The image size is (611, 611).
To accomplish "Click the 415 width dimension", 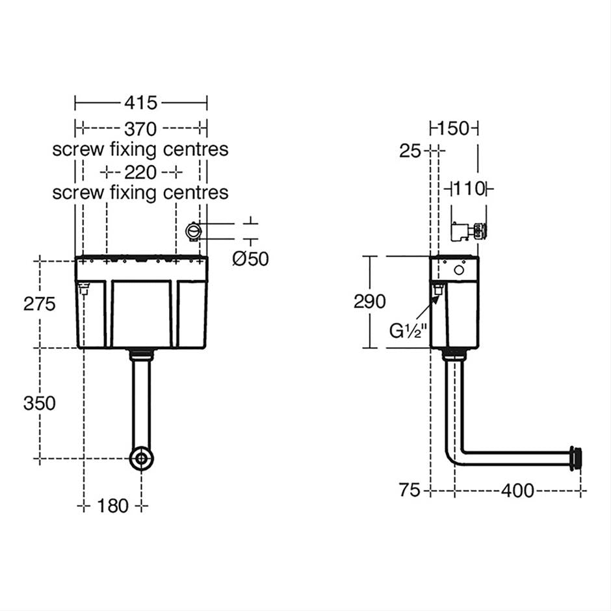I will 141,103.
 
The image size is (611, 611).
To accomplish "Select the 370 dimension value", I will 141,128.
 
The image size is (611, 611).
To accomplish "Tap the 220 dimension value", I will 141,172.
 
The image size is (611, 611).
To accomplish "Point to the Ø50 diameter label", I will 250,259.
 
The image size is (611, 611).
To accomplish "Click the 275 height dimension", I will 40,304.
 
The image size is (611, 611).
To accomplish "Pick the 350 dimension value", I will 40,403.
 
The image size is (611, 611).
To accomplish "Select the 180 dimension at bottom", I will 114,506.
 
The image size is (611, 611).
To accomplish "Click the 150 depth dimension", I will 454,128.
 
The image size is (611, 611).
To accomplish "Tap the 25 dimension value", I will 410,151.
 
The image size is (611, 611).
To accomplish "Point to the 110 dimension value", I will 469,189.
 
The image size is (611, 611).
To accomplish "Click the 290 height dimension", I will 369,302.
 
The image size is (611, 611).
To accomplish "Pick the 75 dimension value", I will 411,491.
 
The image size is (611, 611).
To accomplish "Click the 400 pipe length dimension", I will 517,491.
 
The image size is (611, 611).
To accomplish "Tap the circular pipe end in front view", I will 141,458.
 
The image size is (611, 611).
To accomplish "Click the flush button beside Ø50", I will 194,231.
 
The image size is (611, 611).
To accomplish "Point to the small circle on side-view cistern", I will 459,269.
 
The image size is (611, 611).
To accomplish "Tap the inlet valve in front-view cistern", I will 83,288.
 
